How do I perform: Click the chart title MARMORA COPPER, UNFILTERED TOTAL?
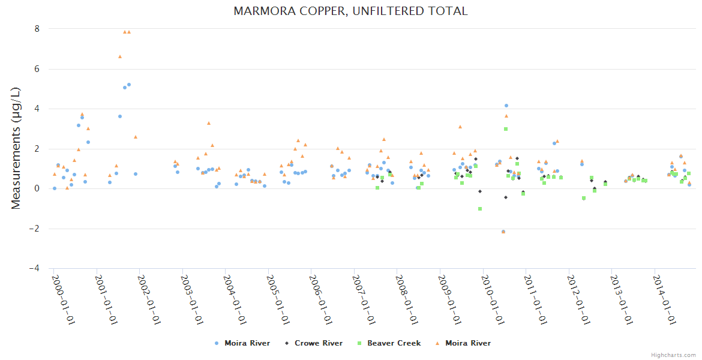coord(350,11)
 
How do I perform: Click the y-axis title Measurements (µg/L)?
coord(16,149)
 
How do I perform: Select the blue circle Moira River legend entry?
coord(242,343)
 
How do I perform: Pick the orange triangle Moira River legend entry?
coord(463,343)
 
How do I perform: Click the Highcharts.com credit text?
coord(673,355)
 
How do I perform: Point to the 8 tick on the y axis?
coord(37,29)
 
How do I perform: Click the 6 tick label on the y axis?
coord(37,69)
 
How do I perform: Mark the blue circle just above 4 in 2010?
coord(506,106)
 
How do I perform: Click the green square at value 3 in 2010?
coord(506,129)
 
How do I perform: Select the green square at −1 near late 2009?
coord(480,209)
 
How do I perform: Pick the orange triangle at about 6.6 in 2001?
coord(120,56)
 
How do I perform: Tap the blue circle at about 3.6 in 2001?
coord(120,116)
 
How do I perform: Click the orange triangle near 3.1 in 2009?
coord(460,127)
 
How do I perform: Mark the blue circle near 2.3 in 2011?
coord(554,143)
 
